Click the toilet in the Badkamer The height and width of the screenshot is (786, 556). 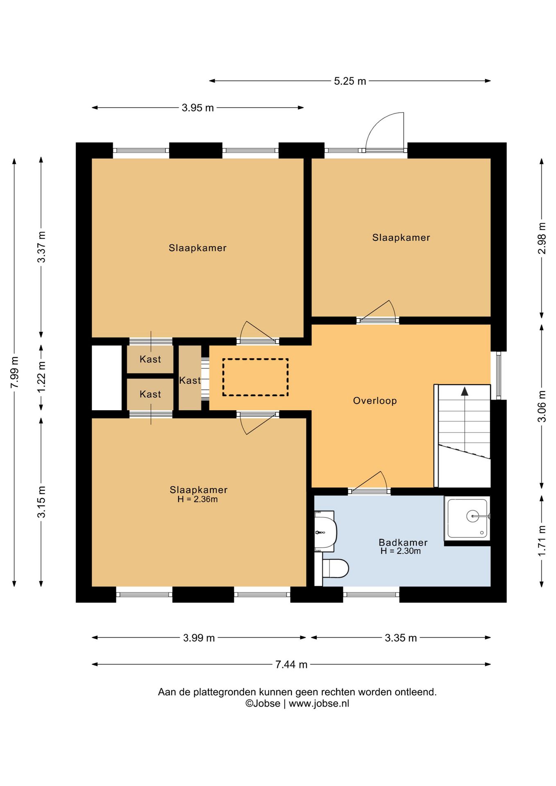click(335, 569)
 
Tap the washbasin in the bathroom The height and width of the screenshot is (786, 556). click(325, 531)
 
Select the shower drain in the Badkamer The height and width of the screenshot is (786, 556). click(472, 516)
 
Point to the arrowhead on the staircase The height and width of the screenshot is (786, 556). click(464, 391)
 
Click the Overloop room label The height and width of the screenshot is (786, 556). click(375, 401)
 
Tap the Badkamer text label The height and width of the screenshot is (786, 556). click(403, 542)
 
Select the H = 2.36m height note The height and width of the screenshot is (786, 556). click(197, 499)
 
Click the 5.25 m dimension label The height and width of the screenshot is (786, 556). click(350, 81)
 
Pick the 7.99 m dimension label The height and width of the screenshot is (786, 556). click(14, 372)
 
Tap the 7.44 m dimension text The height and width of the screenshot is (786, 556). click(291, 664)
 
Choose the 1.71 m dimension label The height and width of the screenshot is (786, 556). click(542, 541)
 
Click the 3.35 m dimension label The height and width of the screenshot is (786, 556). click(401, 638)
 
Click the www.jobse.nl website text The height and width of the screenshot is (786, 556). click(319, 704)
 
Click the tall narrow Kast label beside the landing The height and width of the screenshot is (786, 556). click(190, 380)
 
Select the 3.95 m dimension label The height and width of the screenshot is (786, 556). click(198, 108)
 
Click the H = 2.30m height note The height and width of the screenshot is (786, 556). click(400, 551)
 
